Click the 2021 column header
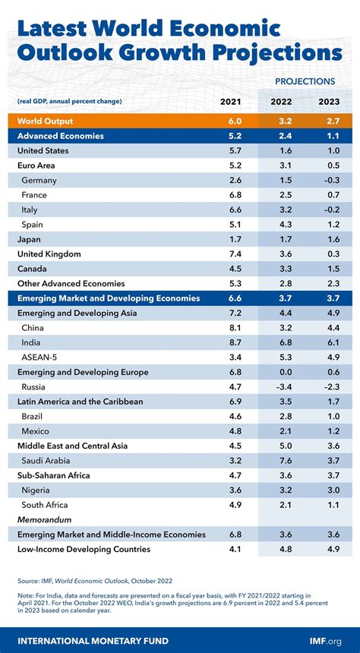pyautogui.click(x=231, y=102)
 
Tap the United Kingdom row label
pyautogui.click(x=49, y=254)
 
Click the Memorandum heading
pyautogui.click(x=45, y=519)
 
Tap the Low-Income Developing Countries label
pyautogui.click(x=84, y=549)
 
